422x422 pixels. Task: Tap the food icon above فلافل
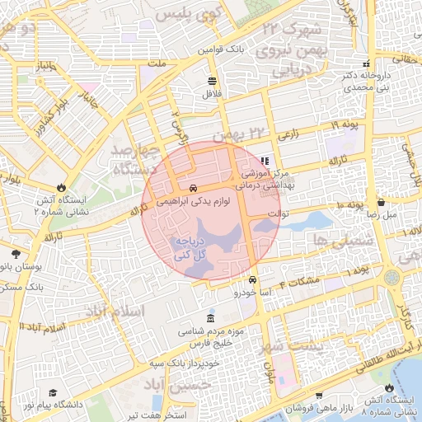coord(213,81)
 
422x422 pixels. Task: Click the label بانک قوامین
coord(222,49)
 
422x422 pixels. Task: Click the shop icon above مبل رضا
coord(381,201)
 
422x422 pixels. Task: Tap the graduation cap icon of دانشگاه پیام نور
coord(54,393)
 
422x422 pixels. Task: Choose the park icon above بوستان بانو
coord(16,253)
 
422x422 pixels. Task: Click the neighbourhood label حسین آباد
coord(189,385)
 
